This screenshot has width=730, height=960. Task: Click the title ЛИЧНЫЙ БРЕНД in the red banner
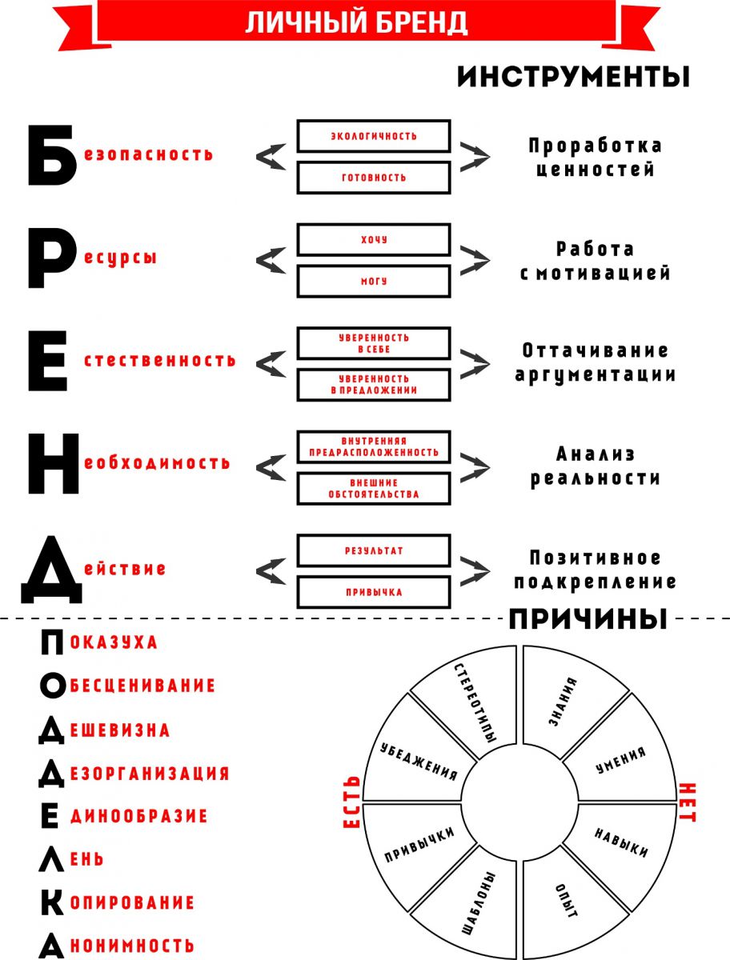click(x=356, y=22)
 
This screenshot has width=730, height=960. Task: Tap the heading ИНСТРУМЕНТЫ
click(x=573, y=77)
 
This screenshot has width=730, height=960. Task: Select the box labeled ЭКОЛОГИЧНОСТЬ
click(x=374, y=136)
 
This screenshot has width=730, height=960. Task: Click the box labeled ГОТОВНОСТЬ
click(x=374, y=178)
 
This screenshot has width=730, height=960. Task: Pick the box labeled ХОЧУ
click(x=374, y=240)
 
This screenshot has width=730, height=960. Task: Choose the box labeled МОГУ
click(x=374, y=282)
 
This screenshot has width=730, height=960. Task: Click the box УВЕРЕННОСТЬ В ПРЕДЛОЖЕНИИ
click(x=374, y=385)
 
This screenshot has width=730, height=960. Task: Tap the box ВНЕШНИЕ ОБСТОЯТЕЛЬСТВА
click(x=374, y=489)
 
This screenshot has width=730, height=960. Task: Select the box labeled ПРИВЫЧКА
click(x=374, y=592)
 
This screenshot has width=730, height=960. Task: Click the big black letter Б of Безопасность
click(x=51, y=155)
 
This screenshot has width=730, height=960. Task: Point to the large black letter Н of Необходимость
click(x=54, y=463)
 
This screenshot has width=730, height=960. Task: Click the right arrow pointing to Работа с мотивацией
click(x=475, y=261)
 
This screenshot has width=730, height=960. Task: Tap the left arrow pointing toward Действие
click(x=271, y=571)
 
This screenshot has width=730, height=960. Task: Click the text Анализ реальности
click(x=596, y=466)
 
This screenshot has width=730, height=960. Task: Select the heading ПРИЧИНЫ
click(x=588, y=619)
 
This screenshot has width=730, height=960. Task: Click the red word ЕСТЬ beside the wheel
click(x=351, y=802)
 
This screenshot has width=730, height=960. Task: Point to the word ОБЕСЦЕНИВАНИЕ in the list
click(x=142, y=686)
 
